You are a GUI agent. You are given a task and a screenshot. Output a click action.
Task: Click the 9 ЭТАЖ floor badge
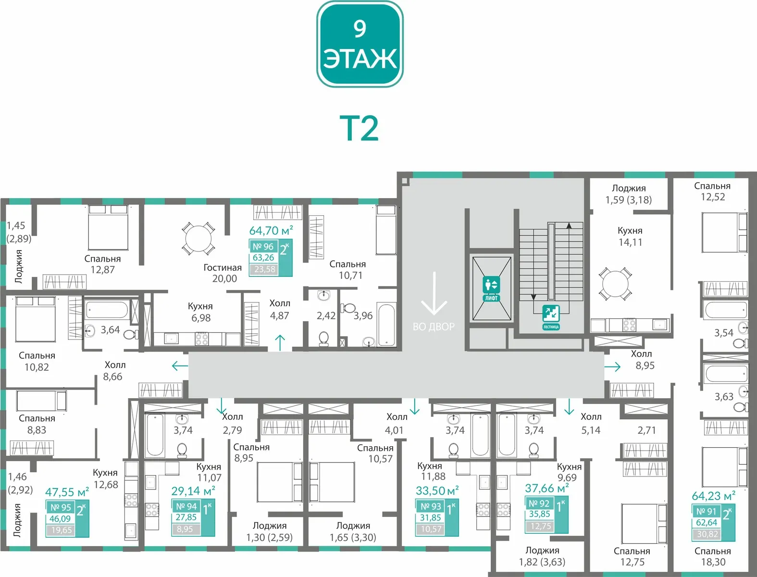pyautogui.click(x=360, y=44)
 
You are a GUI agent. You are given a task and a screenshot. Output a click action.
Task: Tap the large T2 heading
pyautogui.click(x=359, y=128)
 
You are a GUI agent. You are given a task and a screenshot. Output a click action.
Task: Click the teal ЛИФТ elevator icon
pyautogui.click(x=491, y=288)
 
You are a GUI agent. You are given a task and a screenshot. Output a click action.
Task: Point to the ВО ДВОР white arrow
pyautogui.click(x=434, y=293)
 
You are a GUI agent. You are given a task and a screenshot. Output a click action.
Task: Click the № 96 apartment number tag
pyautogui.click(x=263, y=247)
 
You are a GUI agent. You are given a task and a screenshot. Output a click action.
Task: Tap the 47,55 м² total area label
pyautogui.click(x=67, y=492)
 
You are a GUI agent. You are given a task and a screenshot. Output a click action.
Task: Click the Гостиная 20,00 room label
pyautogui.click(x=223, y=273)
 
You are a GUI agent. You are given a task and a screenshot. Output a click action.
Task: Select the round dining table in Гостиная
pyautogui.click(x=199, y=238)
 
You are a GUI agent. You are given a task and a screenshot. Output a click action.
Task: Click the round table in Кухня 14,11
pyautogui.click(x=616, y=284)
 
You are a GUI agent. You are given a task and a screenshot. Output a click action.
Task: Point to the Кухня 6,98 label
pyautogui.click(x=200, y=312)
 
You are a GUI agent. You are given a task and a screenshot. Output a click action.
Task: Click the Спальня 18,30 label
pyautogui.click(x=713, y=556)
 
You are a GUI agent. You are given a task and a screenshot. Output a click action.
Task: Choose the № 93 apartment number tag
pyautogui.click(x=431, y=506)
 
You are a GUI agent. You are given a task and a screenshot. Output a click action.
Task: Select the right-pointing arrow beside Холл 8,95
pyautogui.click(x=612, y=366)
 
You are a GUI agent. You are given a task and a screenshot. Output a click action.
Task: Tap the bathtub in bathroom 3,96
pyautogui.click(x=386, y=325)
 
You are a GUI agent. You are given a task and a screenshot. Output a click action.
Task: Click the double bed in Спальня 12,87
pyautogui.click(x=108, y=227)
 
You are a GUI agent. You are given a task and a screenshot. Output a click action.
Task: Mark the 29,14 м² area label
pyautogui.click(x=194, y=491)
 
